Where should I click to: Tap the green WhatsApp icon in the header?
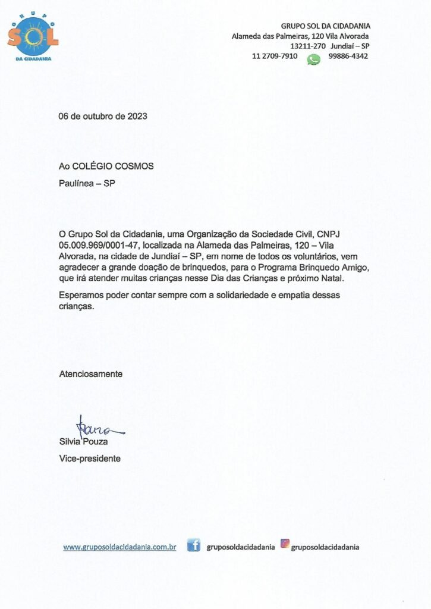click(313, 59)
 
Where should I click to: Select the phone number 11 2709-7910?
click(275, 56)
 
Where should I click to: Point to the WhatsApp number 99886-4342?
click(348, 56)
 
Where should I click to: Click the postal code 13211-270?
click(307, 46)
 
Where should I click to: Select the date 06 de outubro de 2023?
click(103, 116)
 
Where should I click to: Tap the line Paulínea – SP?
click(87, 183)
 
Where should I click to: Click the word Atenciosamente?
click(90, 374)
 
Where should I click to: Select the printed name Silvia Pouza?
click(83, 442)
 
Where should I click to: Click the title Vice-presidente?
click(90, 459)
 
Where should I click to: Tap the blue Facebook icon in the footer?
click(193, 545)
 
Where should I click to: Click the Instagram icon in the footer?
click(285, 543)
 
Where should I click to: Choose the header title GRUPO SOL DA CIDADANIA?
click(325, 26)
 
